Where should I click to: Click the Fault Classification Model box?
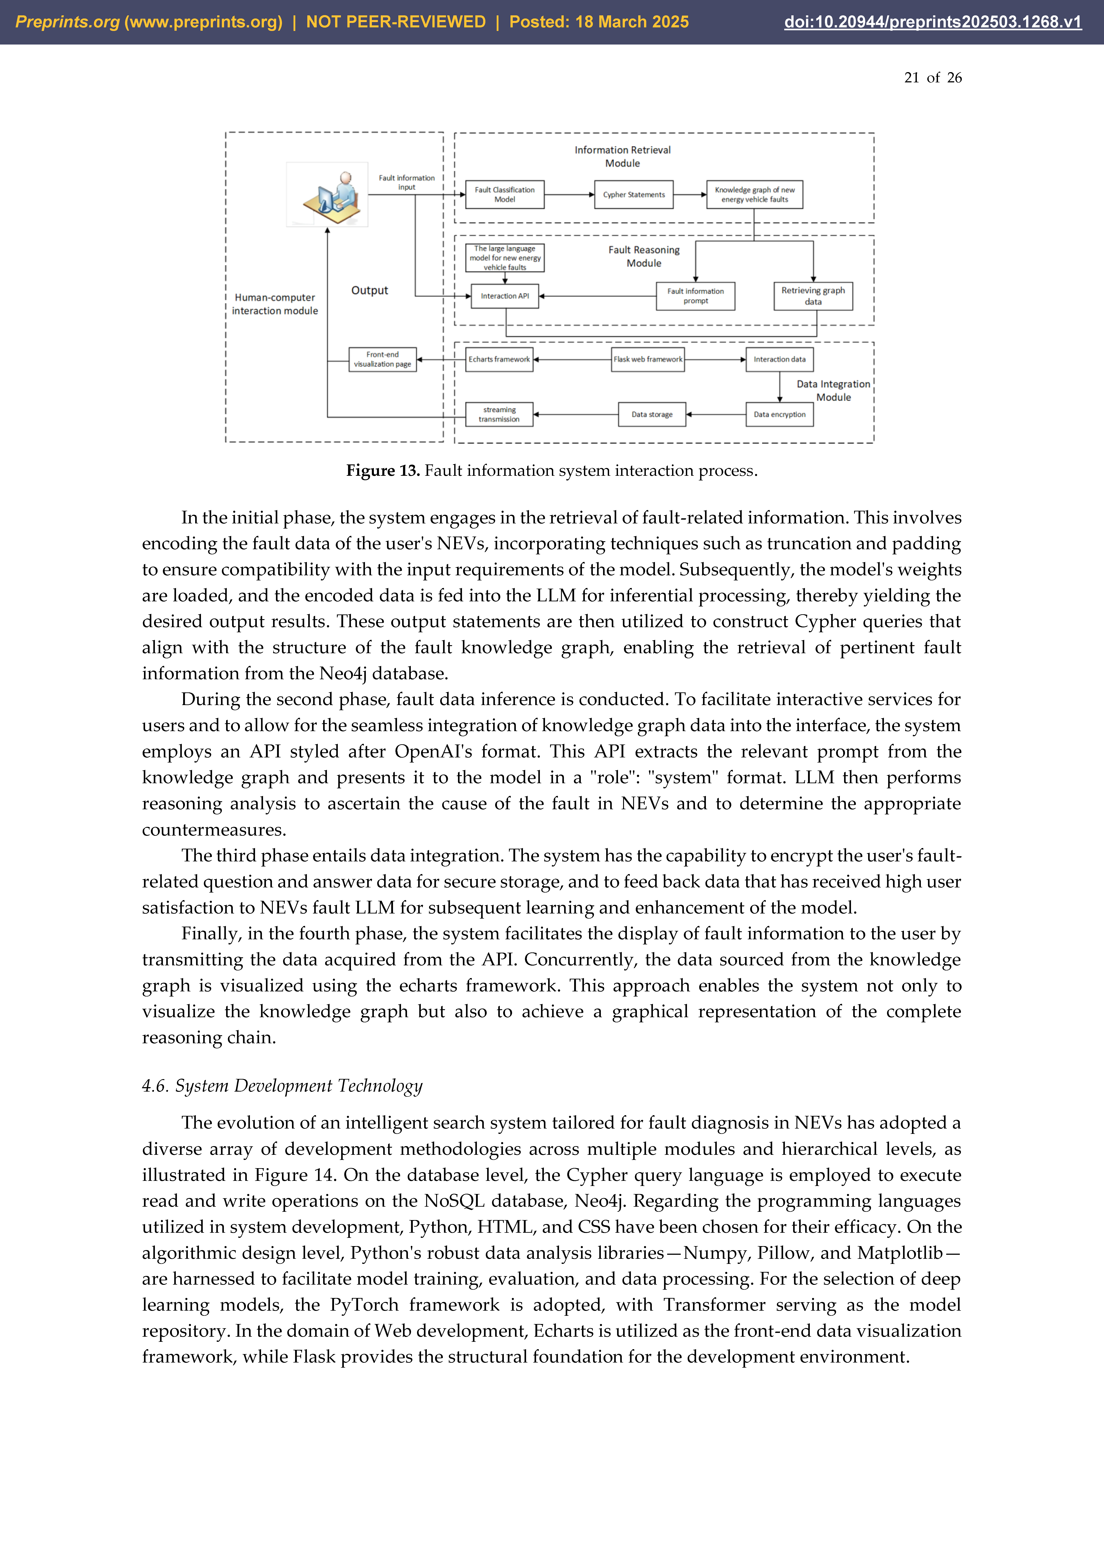pyautogui.click(x=505, y=195)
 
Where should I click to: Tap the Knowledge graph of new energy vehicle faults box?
pyautogui.click(x=754, y=195)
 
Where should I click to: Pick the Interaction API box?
pyautogui.click(x=505, y=296)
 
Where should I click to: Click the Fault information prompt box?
pyautogui.click(x=695, y=296)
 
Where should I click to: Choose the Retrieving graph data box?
pyautogui.click(x=813, y=296)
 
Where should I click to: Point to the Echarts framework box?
pyautogui.click(x=499, y=359)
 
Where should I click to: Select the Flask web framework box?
pyautogui.click(x=648, y=359)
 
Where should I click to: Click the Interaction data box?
pyautogui.click(x=780, y=359)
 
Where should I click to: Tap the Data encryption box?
pyautogui.click(x=780, y=414)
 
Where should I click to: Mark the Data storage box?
pyautogui.click(x=652, y=414)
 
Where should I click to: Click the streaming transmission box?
pyautogui.click(x=499, y=414)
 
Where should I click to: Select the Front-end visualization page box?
pyautogui.click(x=382, y=359)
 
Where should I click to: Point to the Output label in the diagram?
pyautogui.click(x=369, y=291)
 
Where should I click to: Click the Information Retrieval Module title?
pyautogui.click(x=622, y=157)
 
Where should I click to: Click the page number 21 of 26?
pyautogui.click(x=933, y=77)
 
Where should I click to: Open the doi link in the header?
pyautogui.click(x=933, y=22)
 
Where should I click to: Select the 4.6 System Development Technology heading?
pyautogui.click(x=282, y=1086)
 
